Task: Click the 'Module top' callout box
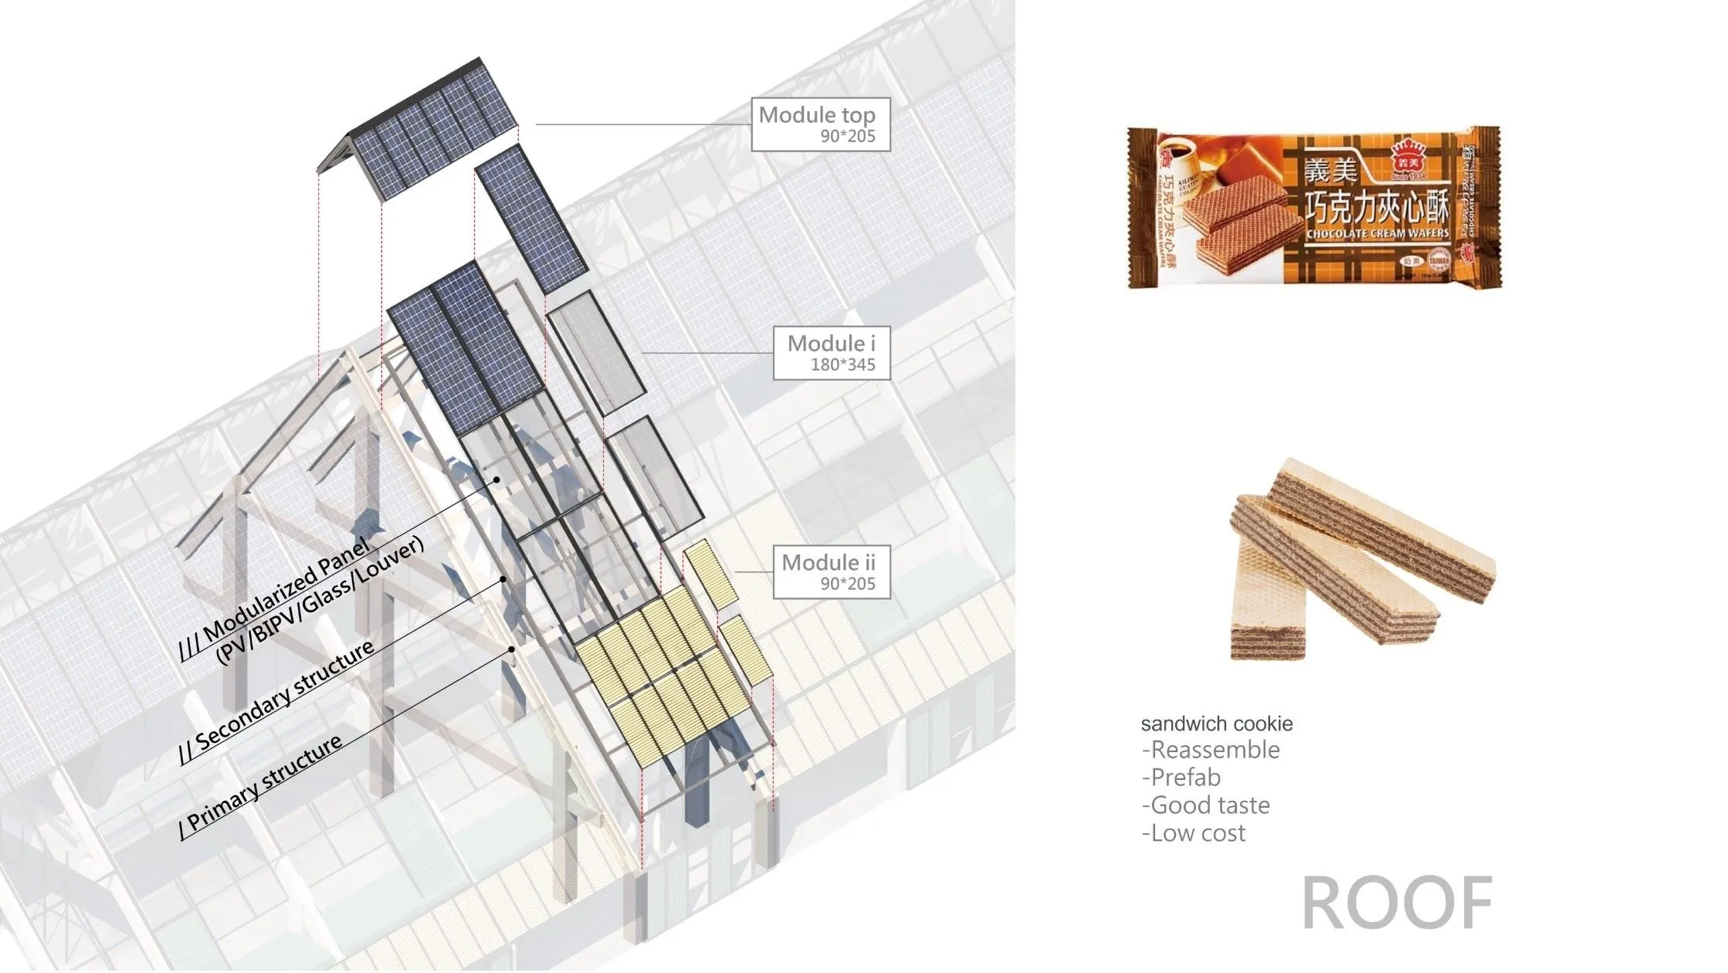820,124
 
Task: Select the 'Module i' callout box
832,353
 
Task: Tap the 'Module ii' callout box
832,571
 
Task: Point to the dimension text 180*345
842,365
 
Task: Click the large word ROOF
1397,903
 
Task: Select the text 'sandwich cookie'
1216,724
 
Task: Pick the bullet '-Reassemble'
1210,750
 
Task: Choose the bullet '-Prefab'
1181,778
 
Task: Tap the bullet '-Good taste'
1205,805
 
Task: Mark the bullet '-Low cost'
1193,833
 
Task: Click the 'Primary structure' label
263,784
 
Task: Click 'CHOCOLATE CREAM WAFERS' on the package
1377,232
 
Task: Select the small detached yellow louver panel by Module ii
710,572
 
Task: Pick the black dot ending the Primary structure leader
513,649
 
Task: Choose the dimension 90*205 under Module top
847,137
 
